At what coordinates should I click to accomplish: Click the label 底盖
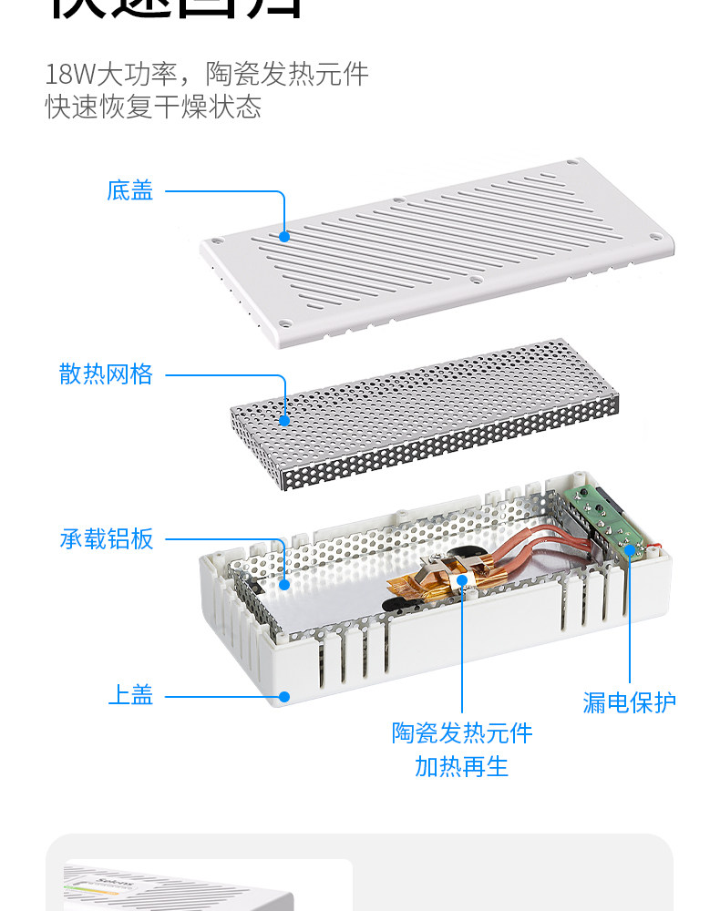coord(130,191)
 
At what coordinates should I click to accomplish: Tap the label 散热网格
coord(107,374)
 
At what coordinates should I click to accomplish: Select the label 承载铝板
coord(107,539)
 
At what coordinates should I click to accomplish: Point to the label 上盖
coord(130,696)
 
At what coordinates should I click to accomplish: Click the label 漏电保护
coord(630,702)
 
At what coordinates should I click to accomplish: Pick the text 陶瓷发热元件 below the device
coord(462,733)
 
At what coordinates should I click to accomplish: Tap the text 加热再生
coord(462,766)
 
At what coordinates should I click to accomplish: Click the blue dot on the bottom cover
coord(284,236)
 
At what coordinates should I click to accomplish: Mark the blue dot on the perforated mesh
coord(284,420)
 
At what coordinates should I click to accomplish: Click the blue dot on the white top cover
coord(284,697)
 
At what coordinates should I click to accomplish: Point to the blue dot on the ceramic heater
coord(462,579)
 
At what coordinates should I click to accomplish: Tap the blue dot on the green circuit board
coord(630,547)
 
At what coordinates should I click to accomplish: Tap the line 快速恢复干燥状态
coord(153,107)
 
